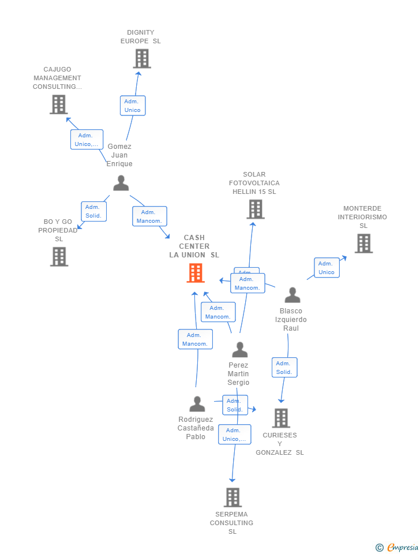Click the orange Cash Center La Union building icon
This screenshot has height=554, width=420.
[196, 273]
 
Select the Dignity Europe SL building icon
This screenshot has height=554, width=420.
[141, 59]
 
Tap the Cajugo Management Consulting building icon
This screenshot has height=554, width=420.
[58, 104]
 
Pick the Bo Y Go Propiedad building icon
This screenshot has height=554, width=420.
[59, 256]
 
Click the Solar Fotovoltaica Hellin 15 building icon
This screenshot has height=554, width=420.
[255, 209]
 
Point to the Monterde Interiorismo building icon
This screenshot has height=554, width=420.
[363, 244]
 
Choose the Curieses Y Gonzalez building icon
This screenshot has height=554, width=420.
[280, 418]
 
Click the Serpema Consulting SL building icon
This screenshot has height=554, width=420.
[232, 497]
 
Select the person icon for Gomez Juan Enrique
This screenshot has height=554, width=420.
[121, 183]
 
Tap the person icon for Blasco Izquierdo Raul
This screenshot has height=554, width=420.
[292, 295]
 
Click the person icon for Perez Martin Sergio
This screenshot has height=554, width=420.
[239, 349]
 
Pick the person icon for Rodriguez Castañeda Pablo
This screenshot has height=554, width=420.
[197, 404]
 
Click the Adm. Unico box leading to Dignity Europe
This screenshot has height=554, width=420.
[133, 106]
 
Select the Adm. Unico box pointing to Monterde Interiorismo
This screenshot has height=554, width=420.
[327, 268]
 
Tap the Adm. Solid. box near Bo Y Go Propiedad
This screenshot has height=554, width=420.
[93, 212]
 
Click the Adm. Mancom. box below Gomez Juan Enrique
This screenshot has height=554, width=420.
[149, 216]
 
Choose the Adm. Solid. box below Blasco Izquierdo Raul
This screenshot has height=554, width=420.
[284, 368]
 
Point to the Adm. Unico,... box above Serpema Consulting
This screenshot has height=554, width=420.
[234, 435]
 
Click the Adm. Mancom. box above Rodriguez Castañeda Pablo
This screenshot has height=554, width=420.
[195, 339]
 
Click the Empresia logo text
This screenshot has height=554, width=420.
[402, 547]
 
